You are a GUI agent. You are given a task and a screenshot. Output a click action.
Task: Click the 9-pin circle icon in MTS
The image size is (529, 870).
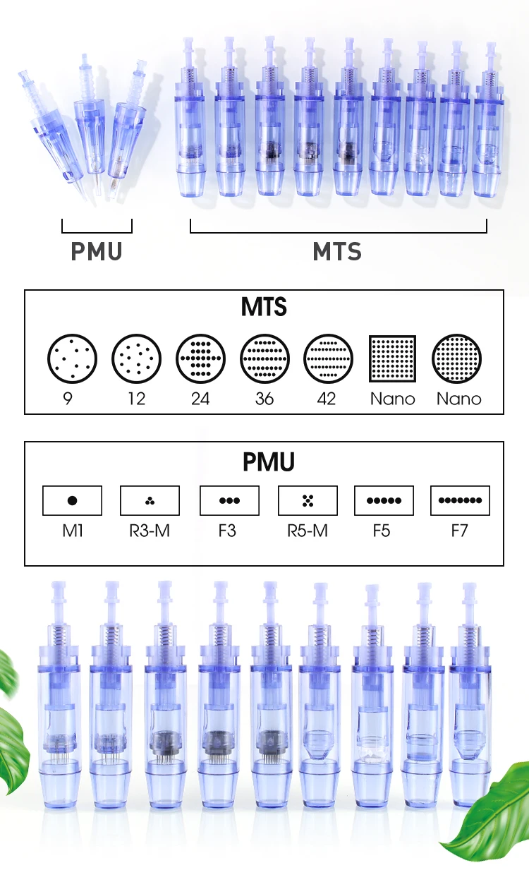(x=71, y=358)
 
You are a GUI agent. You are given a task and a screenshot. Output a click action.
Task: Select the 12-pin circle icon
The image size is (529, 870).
(x=136, y=358)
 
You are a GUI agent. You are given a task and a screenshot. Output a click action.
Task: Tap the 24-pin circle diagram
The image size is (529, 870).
(x=200, y=358)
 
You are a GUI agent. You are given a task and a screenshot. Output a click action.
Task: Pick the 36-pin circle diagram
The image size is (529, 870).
(x=264, y=358)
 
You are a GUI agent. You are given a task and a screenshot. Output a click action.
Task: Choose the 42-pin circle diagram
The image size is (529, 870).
(x=328, y=358)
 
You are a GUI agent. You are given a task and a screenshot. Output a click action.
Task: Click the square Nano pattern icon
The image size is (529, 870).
(x=393, y=358)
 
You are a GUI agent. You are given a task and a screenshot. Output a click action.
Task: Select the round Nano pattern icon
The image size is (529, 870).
(x=458, y=358)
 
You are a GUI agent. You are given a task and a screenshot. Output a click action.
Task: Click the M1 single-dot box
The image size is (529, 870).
(x=72, y=500)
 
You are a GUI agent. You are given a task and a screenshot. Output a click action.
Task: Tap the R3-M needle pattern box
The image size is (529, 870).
(x=150, y=500)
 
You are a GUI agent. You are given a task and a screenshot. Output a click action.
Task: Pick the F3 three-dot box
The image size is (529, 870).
(x=229, y=500)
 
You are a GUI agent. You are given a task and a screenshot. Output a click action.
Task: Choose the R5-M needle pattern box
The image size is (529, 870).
(x=308, y=500)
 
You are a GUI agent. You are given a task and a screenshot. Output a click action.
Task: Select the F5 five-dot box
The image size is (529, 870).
(x=384, y=500)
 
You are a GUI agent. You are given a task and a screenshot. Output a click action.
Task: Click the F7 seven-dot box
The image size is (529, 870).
(x=460, y=500)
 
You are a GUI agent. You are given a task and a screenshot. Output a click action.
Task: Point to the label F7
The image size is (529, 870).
(x=459, y=530)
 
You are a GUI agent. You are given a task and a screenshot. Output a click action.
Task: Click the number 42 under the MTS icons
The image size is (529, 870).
(x=327, y=399)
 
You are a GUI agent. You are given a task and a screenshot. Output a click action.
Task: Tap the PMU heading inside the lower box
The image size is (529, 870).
(x=268, y=462)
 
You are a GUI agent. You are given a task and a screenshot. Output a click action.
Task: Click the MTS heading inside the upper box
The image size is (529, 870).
(x=264, y=308)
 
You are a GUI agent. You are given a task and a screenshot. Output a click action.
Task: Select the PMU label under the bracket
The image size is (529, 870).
(x=97, y=252)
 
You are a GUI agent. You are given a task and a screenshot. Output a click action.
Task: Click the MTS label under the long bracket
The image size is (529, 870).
(x=337, y=252)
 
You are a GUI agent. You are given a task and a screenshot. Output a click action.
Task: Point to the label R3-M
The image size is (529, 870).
(x=150, y=530)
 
